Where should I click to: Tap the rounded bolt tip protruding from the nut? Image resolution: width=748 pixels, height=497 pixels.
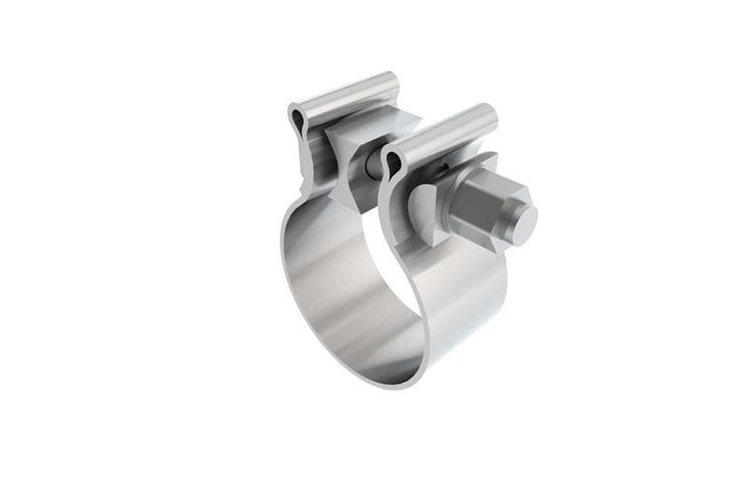coord(524,220)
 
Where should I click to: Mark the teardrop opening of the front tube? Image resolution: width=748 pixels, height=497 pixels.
coord(392,164)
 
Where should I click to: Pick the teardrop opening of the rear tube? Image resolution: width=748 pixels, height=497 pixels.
coord(297,120)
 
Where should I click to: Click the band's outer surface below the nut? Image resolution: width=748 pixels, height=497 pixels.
coord(467,299)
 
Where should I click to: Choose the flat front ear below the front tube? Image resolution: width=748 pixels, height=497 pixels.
coord(393,215)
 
